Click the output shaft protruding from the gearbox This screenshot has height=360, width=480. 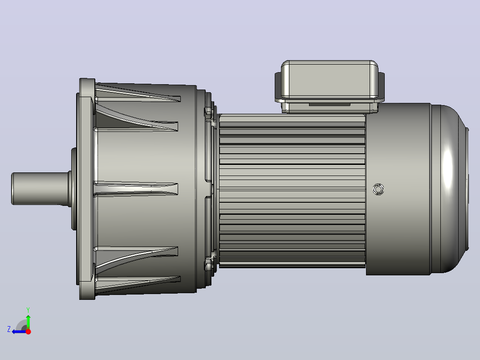click(x=40, y=188)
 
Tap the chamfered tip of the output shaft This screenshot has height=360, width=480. click(x=12, y=188)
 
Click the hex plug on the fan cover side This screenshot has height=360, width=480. click(x=378, y=189)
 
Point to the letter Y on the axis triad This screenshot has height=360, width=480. click(x=28, y=310)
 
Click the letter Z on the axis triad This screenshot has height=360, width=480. click(x=9, y=329)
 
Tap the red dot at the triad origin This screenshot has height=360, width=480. click(x=28, y=331)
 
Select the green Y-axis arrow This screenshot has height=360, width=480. click(x=28, y=322)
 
